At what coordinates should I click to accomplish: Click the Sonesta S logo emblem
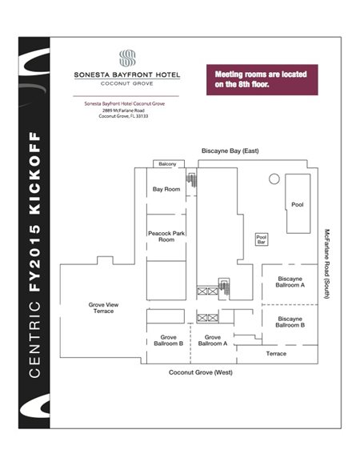click(127, 58)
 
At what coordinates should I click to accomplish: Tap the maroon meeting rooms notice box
click(262, 79)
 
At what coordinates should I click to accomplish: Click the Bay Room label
click(166, 189)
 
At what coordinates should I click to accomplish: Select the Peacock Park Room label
click(166, 236)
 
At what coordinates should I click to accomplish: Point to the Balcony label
click(167, 164)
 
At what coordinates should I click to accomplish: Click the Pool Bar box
click(262, 239)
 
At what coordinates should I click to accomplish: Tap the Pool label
click(298, 204)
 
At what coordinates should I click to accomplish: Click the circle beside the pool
click(274, 179)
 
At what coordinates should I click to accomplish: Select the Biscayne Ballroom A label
click(290, 282)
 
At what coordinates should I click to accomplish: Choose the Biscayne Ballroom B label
click(290, 322)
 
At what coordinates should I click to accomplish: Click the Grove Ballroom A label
click(213, 340)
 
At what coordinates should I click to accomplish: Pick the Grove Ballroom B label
click(169, 340)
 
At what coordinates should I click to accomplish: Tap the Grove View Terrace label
click(103, 307)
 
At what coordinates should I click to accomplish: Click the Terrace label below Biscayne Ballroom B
click(276, 353)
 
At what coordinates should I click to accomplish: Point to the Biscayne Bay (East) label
click(230, 151)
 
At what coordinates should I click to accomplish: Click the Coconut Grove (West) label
click(201, 372)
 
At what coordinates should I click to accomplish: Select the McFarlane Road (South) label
click(327, 263)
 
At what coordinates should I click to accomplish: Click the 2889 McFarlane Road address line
click(123, 110)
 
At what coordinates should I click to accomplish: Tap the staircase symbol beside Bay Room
click(191, 181)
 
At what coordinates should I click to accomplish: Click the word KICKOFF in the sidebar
click(34, 173)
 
